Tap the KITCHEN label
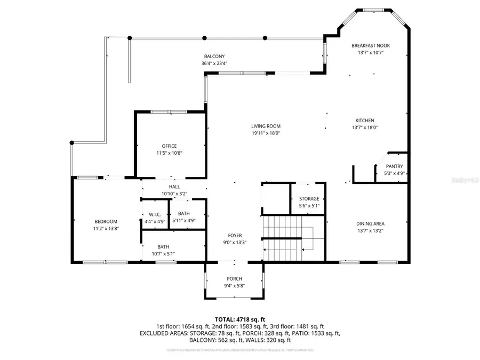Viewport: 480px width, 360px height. [365, 121]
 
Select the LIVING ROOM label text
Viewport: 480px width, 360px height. [266, 126]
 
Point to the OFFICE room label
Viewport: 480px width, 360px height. [169, 146]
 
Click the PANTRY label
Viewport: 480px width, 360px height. [395, 166]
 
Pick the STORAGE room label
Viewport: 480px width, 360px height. [309, 199]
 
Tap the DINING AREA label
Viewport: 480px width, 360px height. [370, 223]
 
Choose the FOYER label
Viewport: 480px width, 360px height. [235, 235]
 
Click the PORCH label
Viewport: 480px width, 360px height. [234, 279]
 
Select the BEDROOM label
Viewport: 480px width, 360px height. [106, 221]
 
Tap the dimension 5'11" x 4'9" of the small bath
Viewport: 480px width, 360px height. [184, 220]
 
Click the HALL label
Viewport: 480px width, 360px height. [174, 187]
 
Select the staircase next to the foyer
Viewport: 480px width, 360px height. [288, 238]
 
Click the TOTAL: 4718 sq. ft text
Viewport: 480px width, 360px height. [239, 318]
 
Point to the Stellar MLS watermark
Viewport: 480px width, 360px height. [465, 180]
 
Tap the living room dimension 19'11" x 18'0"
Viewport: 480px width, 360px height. [266, 133]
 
